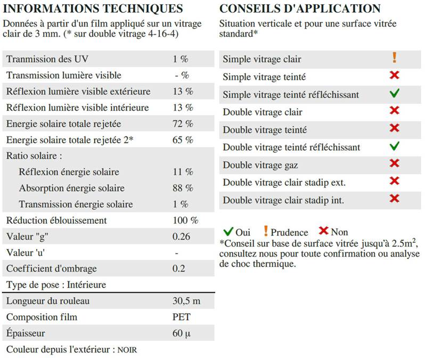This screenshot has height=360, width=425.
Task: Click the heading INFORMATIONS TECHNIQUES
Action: (x=93, y=9)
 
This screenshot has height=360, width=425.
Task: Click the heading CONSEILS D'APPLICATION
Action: (x=300, y=9)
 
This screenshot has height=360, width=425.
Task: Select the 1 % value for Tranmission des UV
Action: (x=180, y=59)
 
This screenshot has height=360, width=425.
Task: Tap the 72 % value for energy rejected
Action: (x=183, y=124)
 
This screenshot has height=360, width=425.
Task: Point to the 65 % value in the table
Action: (x=183, y=140)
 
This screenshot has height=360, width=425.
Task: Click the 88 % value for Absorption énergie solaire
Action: (x=183, y=188)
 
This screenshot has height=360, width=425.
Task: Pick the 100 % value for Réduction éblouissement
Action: (x=185, y=220)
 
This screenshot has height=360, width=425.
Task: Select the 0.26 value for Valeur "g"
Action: (x=182, y=236)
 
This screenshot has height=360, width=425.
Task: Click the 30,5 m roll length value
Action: (x=186, y=301)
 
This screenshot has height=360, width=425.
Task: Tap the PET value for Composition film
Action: (x=181, y=317)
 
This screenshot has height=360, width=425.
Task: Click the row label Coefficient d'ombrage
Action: (x=52, y=269)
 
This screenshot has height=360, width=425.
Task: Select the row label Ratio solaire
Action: (x=34, y=156)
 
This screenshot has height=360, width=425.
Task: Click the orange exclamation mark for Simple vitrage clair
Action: (x=394, y=58)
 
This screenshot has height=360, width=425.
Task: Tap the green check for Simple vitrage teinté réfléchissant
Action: (x=394, y=94)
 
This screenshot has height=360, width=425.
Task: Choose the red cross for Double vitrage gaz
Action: (x=394, y=163)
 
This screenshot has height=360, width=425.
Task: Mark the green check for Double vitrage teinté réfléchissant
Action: (x=394, y=146)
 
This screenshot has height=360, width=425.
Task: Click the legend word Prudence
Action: (x=289, y=232)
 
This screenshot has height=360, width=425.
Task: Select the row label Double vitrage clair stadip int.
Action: (x=283, y=200)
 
